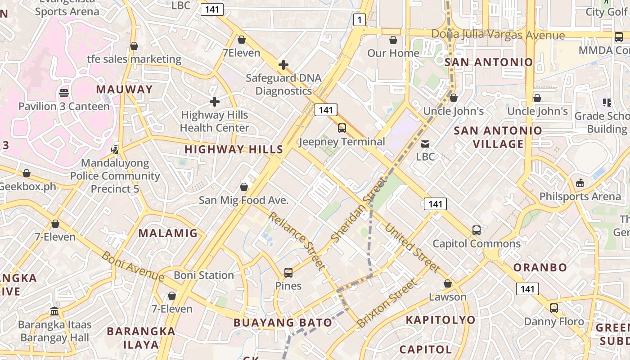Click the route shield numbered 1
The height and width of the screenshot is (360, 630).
[x=359, y=19]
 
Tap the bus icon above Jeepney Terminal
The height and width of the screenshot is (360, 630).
[x=342, y=128]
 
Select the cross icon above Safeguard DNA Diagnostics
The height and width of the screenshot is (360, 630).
[x=283, y=65]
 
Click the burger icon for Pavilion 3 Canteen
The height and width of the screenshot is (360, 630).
[x=64, y=93]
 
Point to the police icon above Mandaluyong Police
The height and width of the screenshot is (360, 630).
[x=115, y=149]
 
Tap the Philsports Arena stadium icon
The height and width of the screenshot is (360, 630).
[x=580, y=183]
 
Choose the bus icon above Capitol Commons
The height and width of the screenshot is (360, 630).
[x=477, y=230]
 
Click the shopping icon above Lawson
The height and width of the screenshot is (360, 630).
[x=448, y=283]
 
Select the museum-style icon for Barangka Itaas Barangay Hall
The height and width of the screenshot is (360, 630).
[x=55, y=311]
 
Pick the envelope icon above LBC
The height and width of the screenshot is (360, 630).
[x=425, y=144]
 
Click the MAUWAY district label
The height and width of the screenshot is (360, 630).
[x=125, y=89]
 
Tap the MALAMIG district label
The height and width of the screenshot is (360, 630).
[x=168, y=233]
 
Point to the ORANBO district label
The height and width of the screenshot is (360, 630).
[x=540, y=267]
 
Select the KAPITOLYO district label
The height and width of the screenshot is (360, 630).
[x=441, y=320]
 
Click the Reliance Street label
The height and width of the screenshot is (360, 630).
[x=297, y=241]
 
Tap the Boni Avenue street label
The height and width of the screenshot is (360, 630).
[x=133, y=266]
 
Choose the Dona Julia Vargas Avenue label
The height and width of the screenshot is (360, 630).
[x=498, y=35]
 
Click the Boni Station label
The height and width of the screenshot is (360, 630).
[x=204, y=275]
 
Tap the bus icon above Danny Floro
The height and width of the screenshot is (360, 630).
[x=554, y=308]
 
